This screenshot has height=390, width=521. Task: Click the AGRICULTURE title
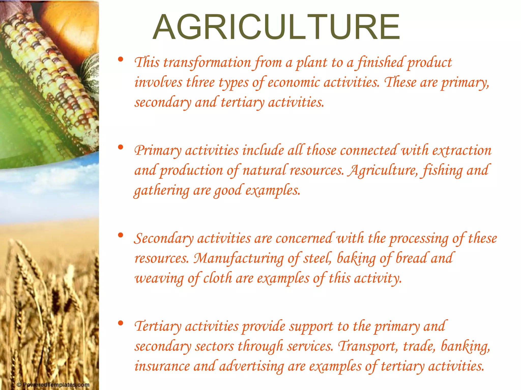coord(276,27)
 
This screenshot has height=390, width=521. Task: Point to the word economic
coord(294,83)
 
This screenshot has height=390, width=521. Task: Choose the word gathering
coord(162,190)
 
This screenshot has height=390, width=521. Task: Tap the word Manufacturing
coord(239,258)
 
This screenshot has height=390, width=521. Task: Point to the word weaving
coord(159,279)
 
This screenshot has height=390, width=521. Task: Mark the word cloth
coord(218,279)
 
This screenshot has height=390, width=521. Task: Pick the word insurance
coord(162,366)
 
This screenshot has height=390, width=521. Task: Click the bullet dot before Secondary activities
coord(121,235)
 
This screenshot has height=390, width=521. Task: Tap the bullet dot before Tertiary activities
coord(121,323)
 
